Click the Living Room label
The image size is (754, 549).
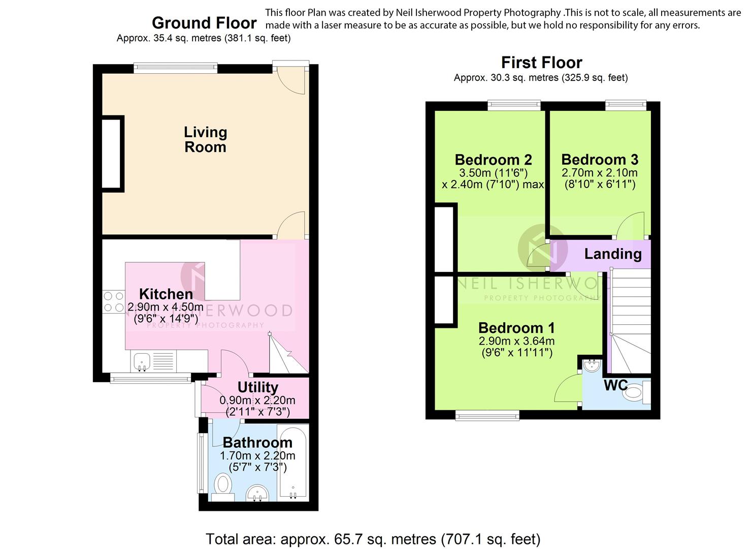[205, 139]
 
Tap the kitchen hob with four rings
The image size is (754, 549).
[113, 302]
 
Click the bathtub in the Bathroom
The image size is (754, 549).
[293, 463]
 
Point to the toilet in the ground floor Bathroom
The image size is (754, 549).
[223, 487]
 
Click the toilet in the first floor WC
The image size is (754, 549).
[637, 393]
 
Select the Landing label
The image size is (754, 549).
[613, 254]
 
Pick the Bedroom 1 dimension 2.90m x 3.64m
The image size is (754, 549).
[517, 341]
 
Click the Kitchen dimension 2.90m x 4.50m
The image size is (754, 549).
[166, 307]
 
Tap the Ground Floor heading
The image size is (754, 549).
[204, 23]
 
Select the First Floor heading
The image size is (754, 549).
[542, 63]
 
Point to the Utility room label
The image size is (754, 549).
[258, 387]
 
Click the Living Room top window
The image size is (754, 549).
[175, 68]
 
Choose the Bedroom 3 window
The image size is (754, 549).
[626, 106]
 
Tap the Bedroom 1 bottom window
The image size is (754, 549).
[487, 415]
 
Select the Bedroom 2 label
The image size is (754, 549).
[494, 160]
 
